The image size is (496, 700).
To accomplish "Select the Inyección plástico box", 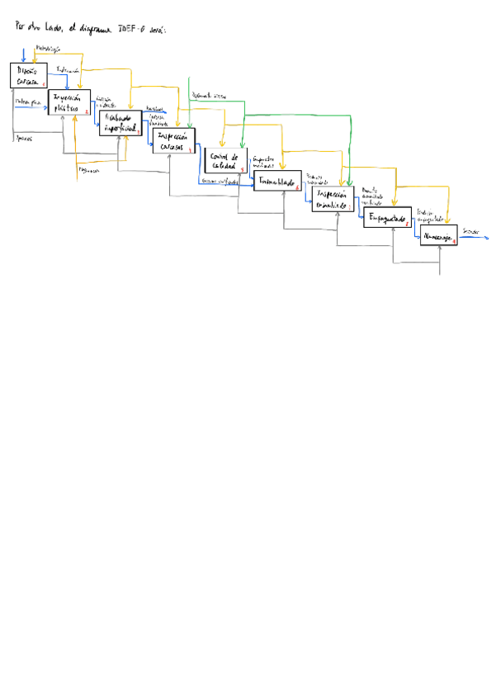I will (69, 102).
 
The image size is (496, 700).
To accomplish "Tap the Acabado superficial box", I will (120, 124).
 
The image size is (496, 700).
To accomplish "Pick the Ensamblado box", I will (277, 180).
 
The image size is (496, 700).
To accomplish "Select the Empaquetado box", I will (387, 217).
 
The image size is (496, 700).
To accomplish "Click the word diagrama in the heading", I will (97, 31).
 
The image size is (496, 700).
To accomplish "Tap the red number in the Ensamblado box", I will (297, 187).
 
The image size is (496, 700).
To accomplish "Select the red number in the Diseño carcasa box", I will (43, 83).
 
